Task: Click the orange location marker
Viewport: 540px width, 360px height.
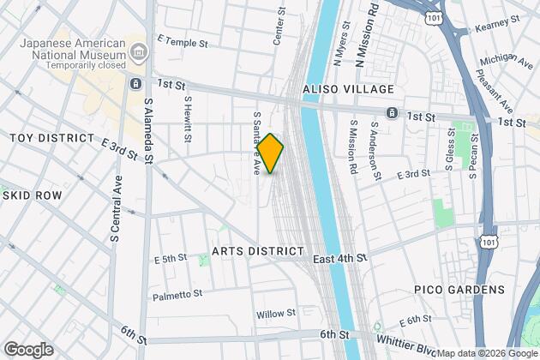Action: point(271,153)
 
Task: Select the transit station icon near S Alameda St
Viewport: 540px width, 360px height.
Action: point(135,83)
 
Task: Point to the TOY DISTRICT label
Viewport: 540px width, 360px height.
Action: point(51,138)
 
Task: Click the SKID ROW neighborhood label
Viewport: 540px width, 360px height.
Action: point(33,195)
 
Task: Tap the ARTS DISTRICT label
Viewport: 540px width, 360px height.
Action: point(258,250)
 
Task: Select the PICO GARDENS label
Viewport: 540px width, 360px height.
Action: point(459,290)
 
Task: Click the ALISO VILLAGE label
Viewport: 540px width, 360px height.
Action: point(348,89)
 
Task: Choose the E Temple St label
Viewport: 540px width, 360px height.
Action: point(183,41)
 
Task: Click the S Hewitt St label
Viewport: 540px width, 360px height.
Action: point(187,118)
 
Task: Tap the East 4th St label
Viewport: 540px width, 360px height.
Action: point(339,257)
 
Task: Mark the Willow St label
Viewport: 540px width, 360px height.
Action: point(275,314)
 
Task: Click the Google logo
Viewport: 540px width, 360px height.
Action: point(28,350)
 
